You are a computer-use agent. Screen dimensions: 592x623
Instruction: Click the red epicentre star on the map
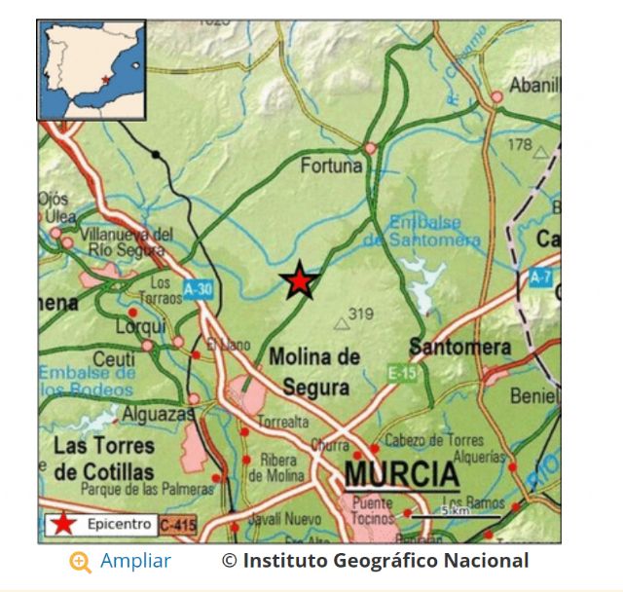(x=299, y=280)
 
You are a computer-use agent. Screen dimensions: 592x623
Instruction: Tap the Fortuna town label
(x=331, y=166)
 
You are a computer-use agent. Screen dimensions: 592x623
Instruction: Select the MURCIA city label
(x=401, y=475)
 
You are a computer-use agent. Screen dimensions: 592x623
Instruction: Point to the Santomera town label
(x=460, y=347)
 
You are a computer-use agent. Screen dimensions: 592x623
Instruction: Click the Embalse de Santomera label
(x=435, y=231)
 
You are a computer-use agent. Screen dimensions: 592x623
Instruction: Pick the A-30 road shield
(x=198, y=288)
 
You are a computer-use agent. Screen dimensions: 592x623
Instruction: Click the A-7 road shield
(x=541, y=277)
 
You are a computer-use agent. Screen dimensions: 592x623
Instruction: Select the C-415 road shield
(x=177, y=524)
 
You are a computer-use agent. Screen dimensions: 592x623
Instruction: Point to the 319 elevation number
(x=361, y=314)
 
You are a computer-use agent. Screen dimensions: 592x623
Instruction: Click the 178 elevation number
(x=520, y=145)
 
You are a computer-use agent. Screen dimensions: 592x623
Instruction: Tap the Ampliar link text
(x=135, y=561)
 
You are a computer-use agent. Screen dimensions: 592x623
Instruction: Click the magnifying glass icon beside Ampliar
(x=81, y=562)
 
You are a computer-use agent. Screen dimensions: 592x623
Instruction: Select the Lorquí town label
(x=141, y=327)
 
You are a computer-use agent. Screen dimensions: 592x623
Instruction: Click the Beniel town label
(x=534, y=396)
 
